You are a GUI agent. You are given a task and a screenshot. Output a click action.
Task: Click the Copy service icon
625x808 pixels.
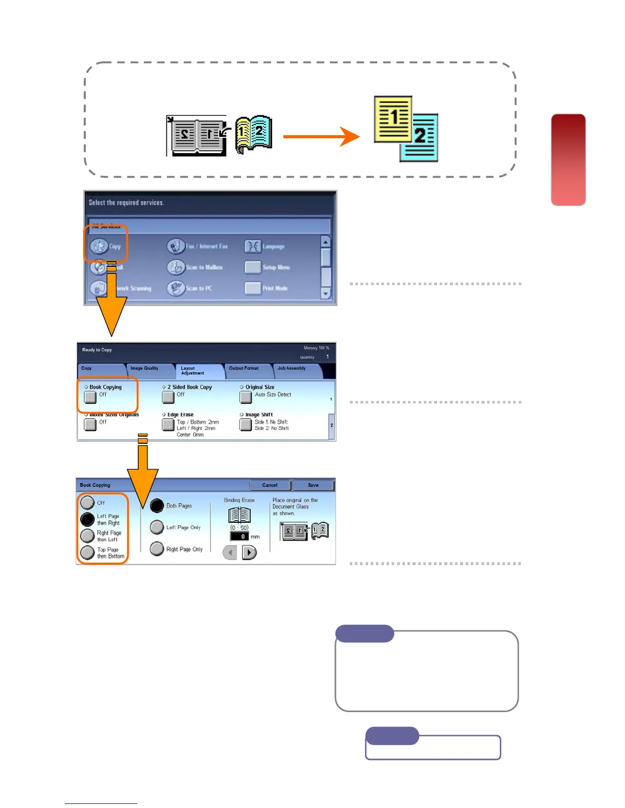click(x=100, y=246)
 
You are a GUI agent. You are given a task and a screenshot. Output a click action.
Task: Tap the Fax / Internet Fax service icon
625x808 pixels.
click(x=176, y=246)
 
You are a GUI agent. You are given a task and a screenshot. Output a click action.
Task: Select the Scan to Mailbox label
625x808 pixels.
click(x=204, y=267)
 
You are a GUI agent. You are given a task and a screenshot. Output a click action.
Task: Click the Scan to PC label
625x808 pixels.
click(x=199, y=288)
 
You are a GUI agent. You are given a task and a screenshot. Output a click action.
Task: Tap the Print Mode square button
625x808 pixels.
click(x=253, y=288)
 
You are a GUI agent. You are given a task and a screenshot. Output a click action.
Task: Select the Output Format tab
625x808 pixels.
click(x=244, y=368)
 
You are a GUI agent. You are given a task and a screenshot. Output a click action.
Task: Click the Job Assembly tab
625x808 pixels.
click(x=292, y=368)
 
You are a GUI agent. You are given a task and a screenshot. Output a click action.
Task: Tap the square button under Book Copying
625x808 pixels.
click(x=90, y=397)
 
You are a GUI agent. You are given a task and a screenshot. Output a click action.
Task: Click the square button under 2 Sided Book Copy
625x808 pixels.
click(x=168, y=397)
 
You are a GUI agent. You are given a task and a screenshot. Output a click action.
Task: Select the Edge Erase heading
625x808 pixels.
click(x=180, y=415)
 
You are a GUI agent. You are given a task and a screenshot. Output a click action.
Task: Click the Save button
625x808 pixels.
click(x=314, y=485)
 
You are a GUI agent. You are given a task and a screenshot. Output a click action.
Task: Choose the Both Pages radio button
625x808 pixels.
click(x=157, y=506)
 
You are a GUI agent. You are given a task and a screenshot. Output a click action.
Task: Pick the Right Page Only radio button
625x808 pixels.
click(x=157, y=549)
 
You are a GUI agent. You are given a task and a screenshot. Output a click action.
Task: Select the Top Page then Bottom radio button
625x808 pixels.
click(x=88, y=552)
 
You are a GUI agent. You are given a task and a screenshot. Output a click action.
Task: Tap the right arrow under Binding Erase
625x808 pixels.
click(x=249, y=552)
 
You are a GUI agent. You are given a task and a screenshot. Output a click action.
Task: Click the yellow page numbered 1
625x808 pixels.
click(x=392, y=118)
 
